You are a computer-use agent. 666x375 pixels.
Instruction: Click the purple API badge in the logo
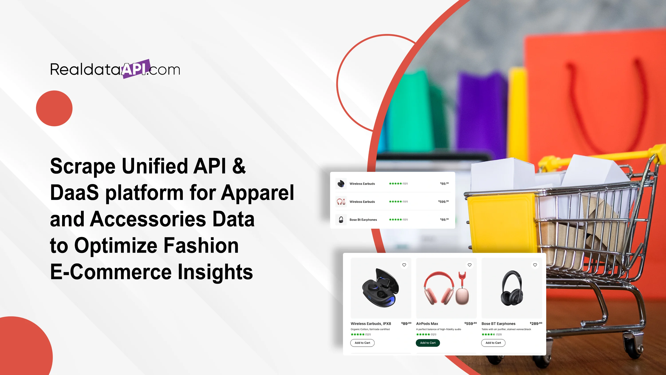(136, 69)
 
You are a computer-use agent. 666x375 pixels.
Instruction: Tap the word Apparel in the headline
(257, 193)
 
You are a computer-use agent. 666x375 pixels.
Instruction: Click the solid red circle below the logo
(54, 108)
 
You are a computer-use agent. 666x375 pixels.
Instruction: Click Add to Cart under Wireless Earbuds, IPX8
(362, 343)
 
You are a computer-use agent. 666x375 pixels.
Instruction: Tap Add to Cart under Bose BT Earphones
(493, 343)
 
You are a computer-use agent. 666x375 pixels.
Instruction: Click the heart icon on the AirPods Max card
(469, 265)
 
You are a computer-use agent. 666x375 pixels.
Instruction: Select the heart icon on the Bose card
(535, 265)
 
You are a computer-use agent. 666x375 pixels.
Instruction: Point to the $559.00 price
(471, 323)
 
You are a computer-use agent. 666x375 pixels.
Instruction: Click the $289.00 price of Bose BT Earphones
(536, 323)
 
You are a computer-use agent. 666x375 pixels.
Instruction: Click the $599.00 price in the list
(443, 201)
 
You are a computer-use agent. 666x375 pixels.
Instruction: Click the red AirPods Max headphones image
(446, 288)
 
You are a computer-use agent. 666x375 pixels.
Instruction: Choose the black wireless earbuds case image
(380, 288)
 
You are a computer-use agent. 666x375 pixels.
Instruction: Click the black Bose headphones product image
(512, 288)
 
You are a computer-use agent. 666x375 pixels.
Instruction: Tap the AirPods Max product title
(427, 323)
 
